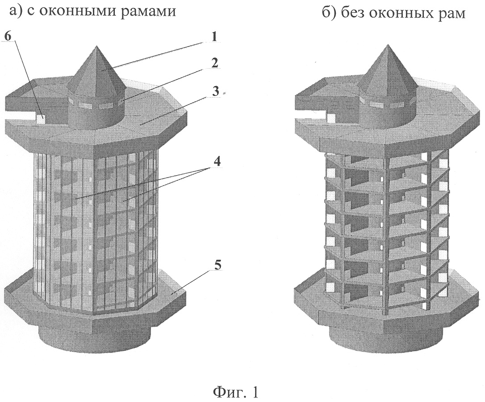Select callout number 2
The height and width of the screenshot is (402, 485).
pyautogui.click(x=214, y=63)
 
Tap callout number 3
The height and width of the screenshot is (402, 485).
pyautogui.click(x=215, y=91)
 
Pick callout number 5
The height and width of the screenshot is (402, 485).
pyautogui.click(x=218, y=265)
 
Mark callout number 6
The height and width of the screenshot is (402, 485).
pyautogui.click(x=8, y=37)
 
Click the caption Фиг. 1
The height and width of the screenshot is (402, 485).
pyautogui.click(x=235, y=392)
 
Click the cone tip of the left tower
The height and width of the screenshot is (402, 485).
pyautogui.click(x=97, y=46)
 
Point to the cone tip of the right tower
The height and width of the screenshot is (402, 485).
pyautogui.click(x=387, y=45)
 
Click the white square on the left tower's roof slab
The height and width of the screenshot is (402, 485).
pyautogui.click(x=41, y=119)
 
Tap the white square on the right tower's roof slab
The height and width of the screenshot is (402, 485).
pyautogui.click(x=331, y=118)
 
